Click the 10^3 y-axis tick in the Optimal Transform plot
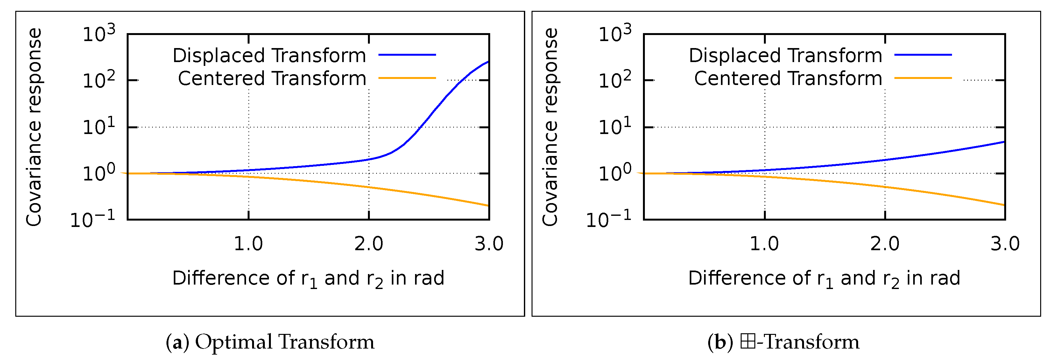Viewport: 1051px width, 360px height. (99, 34)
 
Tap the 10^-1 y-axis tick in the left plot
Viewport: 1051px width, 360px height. (93, 220)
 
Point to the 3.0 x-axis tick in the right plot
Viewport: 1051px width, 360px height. (1005, 244)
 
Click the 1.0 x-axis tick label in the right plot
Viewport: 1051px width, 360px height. (764, 244)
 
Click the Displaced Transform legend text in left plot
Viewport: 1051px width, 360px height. (269, 55)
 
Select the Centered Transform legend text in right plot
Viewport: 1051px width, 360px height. (788, 78)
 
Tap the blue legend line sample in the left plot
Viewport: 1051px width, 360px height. (407, 55)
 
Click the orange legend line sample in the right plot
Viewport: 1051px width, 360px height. (923, 78)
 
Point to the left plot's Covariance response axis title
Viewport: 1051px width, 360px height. (34, 127)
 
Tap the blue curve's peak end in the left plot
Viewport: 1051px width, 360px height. (488, 62)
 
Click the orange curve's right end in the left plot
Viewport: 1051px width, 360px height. (488, 205)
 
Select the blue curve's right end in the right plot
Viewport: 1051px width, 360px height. (1004, 142)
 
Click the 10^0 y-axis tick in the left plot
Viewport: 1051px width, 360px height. (99, 173)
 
